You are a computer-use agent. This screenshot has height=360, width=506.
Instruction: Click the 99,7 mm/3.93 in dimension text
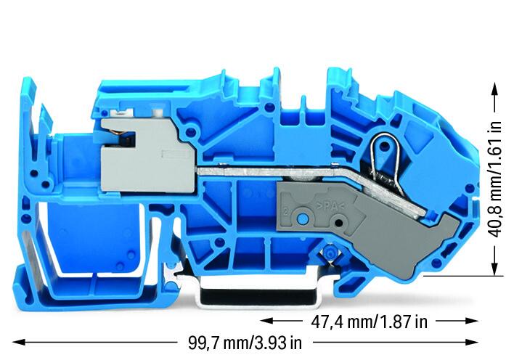(245, 343)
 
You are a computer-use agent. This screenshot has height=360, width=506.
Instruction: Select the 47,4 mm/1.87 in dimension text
(370, 322)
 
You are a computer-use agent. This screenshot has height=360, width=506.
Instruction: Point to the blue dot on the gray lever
(302, 219)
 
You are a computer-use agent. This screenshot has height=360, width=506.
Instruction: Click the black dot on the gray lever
(338, 223)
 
